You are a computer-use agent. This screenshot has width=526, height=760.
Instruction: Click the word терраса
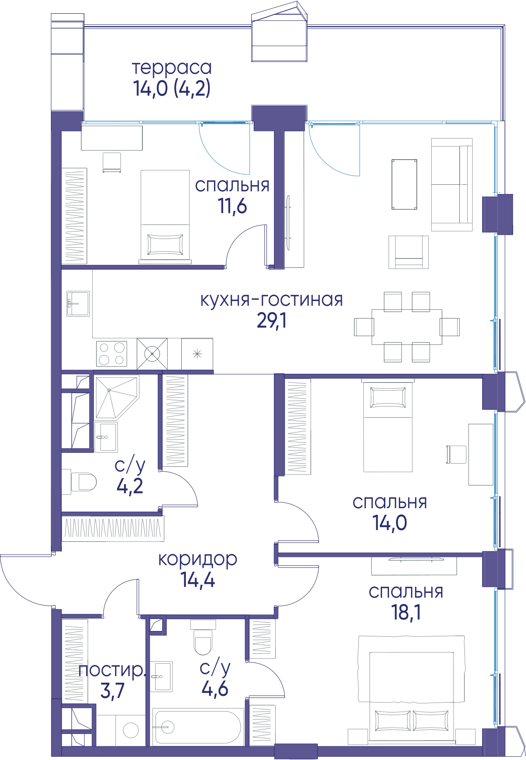[x=172, y=68]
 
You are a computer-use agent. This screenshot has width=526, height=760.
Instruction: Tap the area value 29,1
[x=271, y=320]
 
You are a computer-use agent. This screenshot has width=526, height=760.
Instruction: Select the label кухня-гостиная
[x=271, y=300]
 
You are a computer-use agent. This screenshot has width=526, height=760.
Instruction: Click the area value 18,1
[x=406, y=612]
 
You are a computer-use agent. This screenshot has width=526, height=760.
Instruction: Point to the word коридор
[x=198, y=560]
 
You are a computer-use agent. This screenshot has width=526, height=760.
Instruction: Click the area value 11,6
[x=233, y=206]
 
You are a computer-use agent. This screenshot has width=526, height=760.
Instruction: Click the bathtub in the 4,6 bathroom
[x=197, y=727]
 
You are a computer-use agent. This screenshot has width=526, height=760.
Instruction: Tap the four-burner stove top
[x=112, y=354]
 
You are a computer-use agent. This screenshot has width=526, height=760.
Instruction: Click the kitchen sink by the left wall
[x=78, y=304]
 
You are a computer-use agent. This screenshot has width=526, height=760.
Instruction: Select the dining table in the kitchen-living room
[x=407, y=327]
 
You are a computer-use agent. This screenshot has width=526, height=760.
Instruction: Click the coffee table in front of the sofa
[x=404, y=184]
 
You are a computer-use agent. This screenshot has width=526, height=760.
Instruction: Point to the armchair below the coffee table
[x=408, y=252]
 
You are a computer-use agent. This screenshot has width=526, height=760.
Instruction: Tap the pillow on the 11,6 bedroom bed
[x=165, y=244]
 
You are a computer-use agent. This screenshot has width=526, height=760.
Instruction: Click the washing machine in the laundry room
[x=131, y=731]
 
